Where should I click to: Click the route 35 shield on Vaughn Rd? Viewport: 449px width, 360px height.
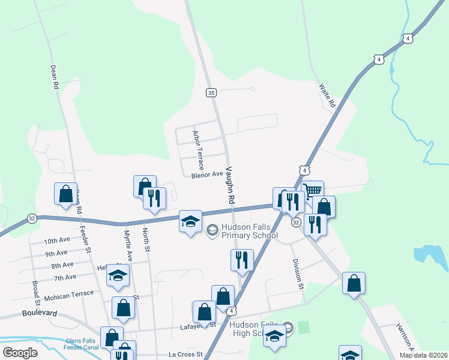pyautogui.click(x=211, y=92)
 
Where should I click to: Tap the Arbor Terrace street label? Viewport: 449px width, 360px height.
pyautogui.click(x=197, y=149)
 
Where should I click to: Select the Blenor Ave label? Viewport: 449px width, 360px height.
pyautogui.click(x=206, y=175)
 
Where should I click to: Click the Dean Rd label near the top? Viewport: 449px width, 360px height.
pyautogui.click(x=55, y=77)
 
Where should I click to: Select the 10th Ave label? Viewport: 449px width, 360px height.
pyautogui.click(x=57, y=241)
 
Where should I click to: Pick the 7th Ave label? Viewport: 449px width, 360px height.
pyautogui.click(x=65, y=277)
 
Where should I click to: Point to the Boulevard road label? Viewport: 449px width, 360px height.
pyautogui.click(x=40, y=313)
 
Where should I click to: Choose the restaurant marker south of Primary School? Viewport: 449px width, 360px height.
pyautogui.click(x=242, y=260)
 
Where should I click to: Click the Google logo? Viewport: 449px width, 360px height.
pyautogui.click(x=20, y=353)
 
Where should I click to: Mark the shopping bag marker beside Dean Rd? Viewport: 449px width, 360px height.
pyautogui.click(x=65, y=194)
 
